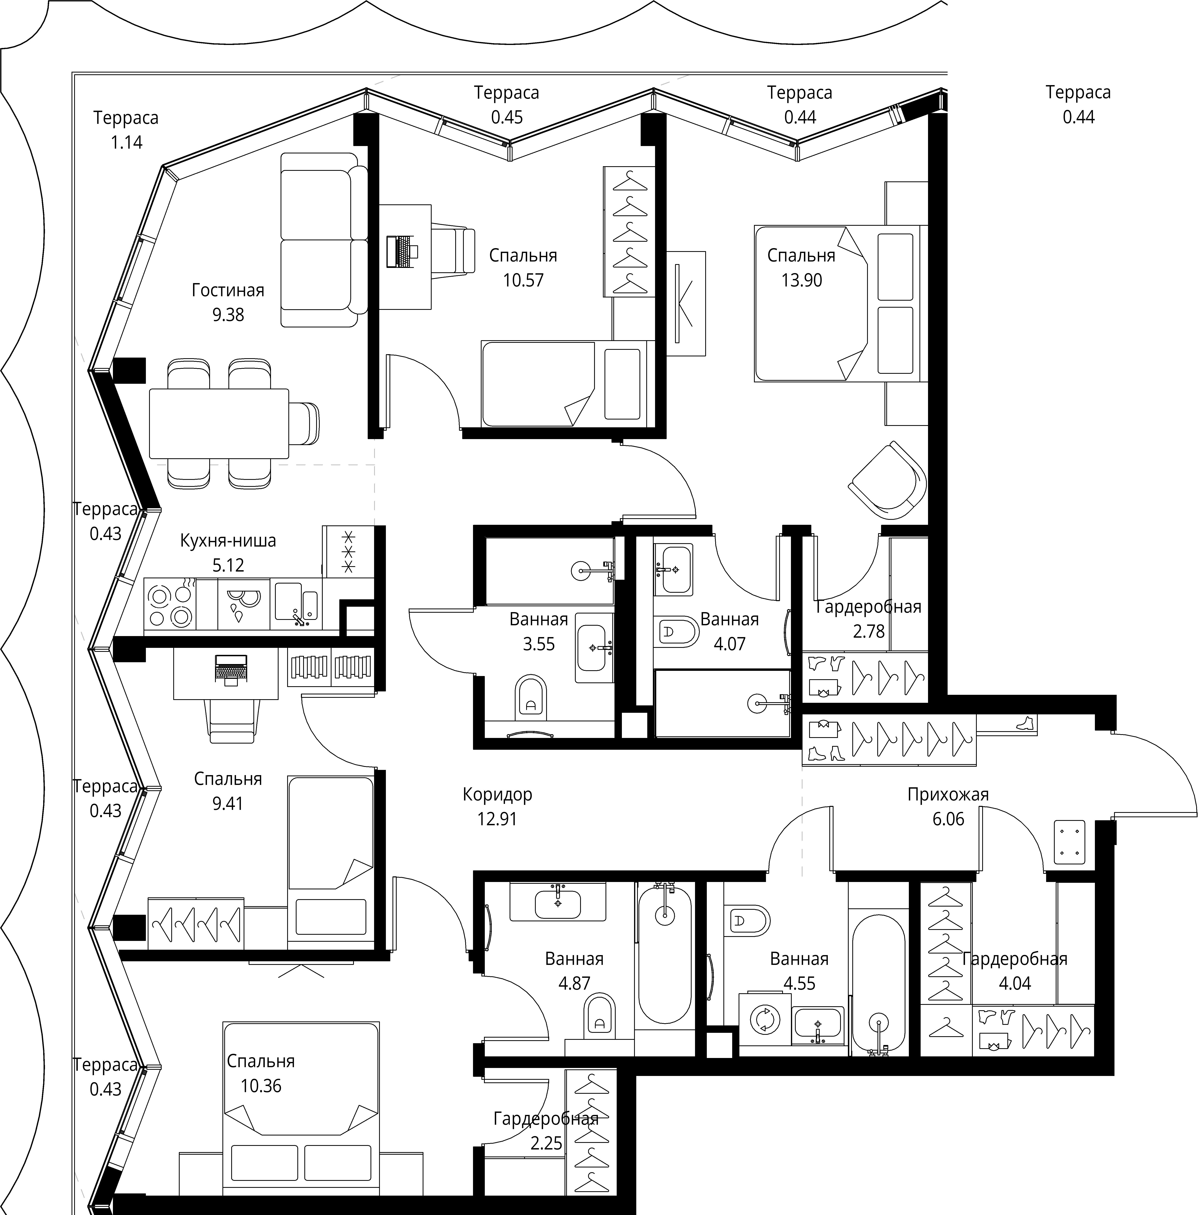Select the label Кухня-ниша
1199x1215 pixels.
pos(228,540)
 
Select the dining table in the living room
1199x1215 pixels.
pos(219,423)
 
